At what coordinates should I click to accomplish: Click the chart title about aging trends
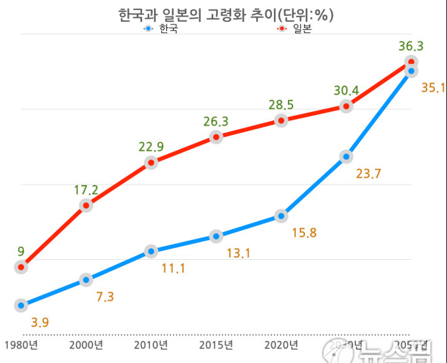click(223, 14)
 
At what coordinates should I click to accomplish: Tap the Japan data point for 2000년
click(86, 205)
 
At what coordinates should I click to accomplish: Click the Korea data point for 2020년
click(281, 216)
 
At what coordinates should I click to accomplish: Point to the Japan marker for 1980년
click(22, 266)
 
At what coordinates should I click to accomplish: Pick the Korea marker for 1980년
click(22, 305)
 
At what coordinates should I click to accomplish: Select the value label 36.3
click(411, 46)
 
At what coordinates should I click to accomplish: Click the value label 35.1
click(433, 87)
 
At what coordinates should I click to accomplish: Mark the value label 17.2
click(86, 190)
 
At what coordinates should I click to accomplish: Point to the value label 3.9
click(40, 323)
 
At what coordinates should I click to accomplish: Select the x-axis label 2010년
click(151, 345)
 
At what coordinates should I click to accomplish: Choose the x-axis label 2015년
click(216, 345)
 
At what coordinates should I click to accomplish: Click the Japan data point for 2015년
click(216, 137)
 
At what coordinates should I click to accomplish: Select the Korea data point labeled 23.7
click(345, 157)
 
